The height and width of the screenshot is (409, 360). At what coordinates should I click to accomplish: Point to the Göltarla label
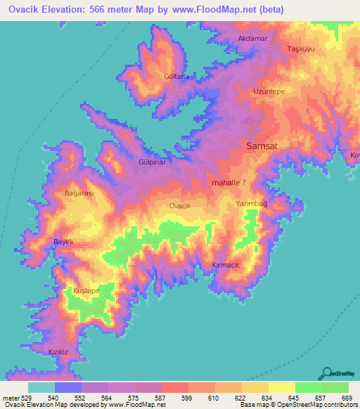tap(177, 76)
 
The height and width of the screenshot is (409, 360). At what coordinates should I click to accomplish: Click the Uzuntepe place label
tap(268, 92)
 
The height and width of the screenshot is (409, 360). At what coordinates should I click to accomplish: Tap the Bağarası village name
tap(79, 193)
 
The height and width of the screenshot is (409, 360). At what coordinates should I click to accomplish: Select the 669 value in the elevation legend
tap(346, 397)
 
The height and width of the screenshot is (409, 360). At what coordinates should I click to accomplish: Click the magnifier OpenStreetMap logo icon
tap(328, 374)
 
